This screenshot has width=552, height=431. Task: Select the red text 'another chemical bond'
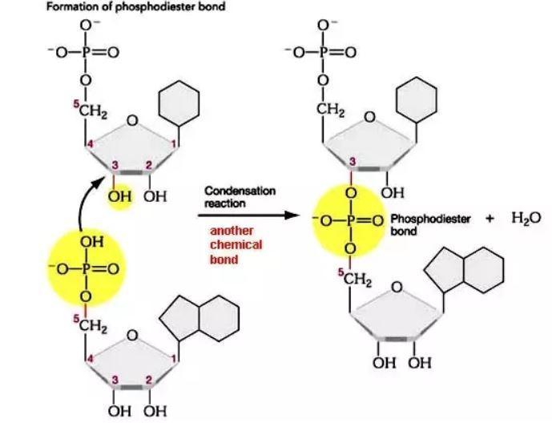(x=232, y=245)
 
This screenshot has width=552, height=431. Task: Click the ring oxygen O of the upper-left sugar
(x=133, y=122)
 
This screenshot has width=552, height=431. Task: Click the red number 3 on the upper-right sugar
(x=352, y=163)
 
